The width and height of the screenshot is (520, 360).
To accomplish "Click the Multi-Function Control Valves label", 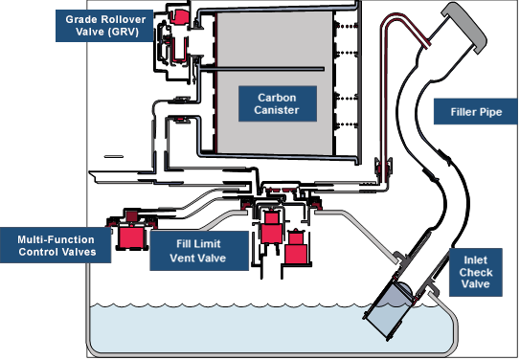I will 57,244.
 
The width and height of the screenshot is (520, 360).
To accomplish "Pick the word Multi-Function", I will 57,237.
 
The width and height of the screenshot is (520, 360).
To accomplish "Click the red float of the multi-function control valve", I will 130,236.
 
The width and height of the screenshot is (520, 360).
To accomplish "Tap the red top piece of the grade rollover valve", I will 178,14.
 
